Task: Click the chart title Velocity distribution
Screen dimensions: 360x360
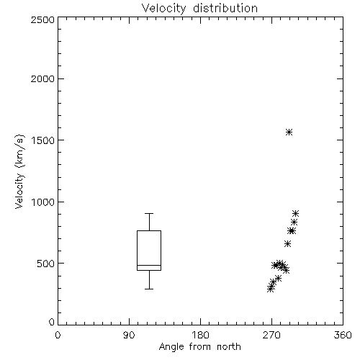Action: click(x=199, y=9)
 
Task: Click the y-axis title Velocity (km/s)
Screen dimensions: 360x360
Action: click(x=19, y=171)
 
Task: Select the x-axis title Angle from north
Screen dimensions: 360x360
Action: click(x=199, y=346)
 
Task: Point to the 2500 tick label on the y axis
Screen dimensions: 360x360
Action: click(x=42, y=19)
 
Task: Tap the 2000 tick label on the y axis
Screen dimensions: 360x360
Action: click(x=42, y=78)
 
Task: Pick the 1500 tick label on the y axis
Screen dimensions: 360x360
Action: click(x=42, y=140)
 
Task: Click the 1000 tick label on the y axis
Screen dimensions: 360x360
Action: click(x=42, y=202)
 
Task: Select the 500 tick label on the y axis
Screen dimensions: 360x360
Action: click(x=46, y=264)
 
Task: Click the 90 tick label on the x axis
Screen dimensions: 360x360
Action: click(x=129, y=335)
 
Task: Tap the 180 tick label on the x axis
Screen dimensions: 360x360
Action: click(x=200, y=335)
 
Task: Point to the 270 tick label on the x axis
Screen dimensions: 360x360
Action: click(x=271, y=335)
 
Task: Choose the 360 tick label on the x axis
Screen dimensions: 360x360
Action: click(x=343, y=335)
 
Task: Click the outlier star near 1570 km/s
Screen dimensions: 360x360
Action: click(x=289, y=132)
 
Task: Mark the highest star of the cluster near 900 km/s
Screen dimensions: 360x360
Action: click(x=295, y=213)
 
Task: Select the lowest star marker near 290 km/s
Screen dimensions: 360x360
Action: click(x=270, y=289)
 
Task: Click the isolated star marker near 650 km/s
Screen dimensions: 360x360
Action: click(x=287, y=244)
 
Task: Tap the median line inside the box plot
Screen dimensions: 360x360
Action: click(x=149, y=265)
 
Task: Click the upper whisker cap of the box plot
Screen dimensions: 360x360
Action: click(x=149, y=213)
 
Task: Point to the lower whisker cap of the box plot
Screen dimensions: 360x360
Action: click(x=149, y=289)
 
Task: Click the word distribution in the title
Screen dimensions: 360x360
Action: click(x=225, y=9)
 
